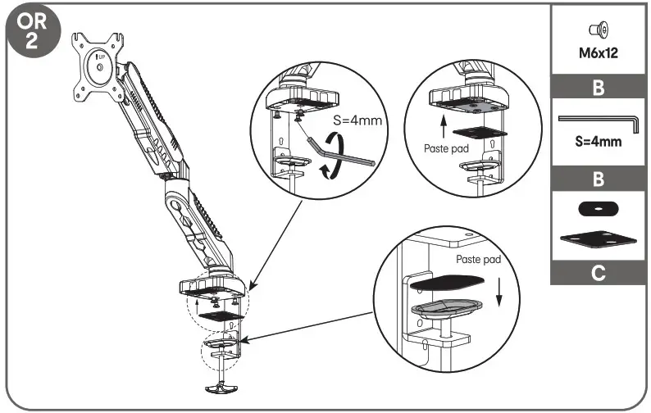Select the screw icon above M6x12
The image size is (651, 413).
(598, 31)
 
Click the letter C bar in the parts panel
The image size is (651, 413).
(599, 273)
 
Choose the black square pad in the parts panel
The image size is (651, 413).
(598, 238)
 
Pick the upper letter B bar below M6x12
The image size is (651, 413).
(599, 87)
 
